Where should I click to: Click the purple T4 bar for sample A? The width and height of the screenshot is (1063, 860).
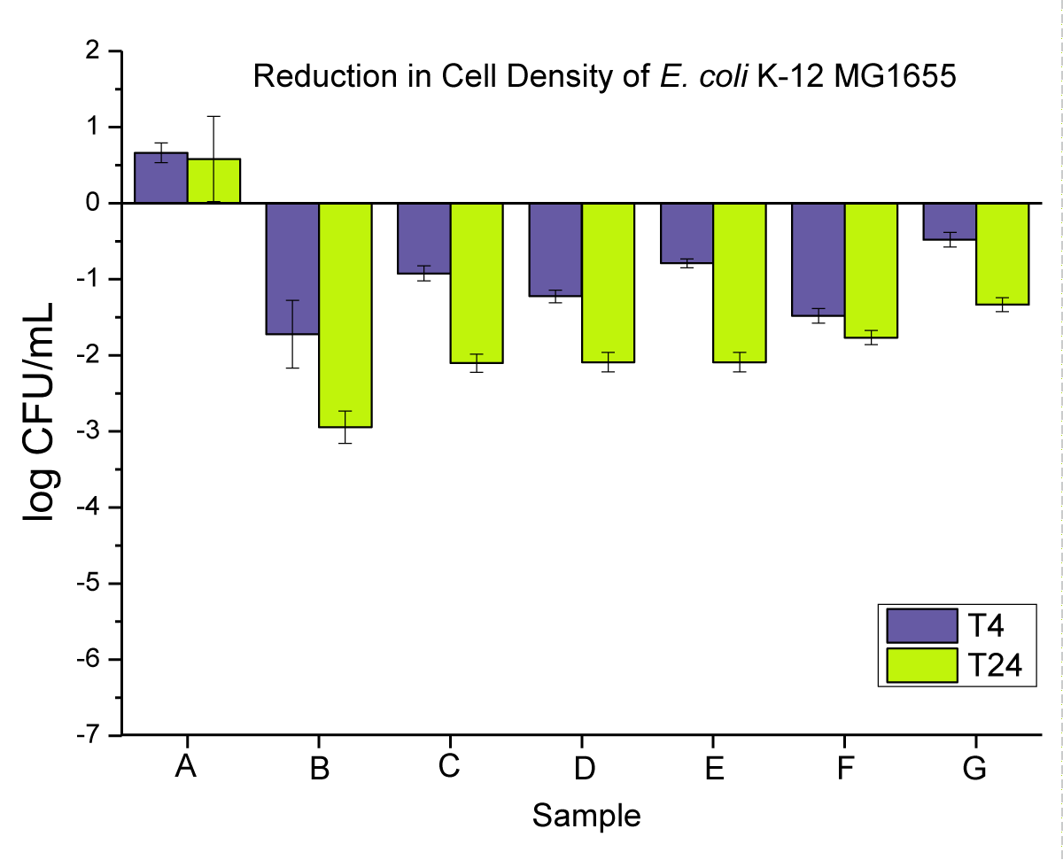click(x=161, y=178)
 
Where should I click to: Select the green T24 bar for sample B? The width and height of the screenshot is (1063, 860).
click(x=345, y=314)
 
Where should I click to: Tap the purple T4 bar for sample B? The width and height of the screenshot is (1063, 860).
click(x=293, y=268)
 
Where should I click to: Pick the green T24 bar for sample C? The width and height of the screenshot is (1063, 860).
click(x=477, y=283)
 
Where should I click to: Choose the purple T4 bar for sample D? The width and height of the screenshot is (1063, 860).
click(x=555, y=249)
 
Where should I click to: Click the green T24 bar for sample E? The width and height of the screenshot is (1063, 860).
click(x=740, y=283)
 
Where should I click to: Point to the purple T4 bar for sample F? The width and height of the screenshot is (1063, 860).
click(x=818, y=259)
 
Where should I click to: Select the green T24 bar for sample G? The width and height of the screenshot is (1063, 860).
click(x=1003, y=253)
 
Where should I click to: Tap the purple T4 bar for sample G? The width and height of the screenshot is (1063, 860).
click(x=950, y=221)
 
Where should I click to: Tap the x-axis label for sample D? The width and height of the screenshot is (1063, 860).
click(x=583, y=768)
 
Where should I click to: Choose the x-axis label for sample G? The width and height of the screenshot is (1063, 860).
click(x=974, y=768)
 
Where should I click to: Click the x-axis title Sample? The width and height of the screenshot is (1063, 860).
click(x=586, y=815)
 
